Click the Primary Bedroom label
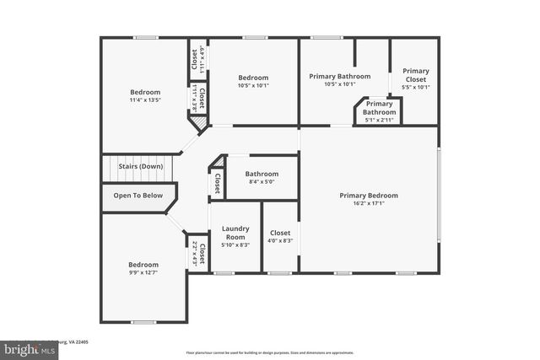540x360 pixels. coord(369,196)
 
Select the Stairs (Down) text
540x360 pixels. coord(141,167)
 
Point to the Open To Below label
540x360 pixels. coord(138,196)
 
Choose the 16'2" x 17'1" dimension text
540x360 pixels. coord(369,203)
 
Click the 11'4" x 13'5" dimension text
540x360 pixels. coord(144,100)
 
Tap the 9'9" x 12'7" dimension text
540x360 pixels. coord(144,272)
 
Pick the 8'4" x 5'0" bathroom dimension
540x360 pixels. coord(261,182)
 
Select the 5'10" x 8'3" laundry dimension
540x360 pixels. coord(235,244)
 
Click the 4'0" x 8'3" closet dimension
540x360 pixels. coord(280,240)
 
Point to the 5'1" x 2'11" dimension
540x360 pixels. coord(380,120)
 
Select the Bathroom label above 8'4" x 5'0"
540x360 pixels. coord(261,175)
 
